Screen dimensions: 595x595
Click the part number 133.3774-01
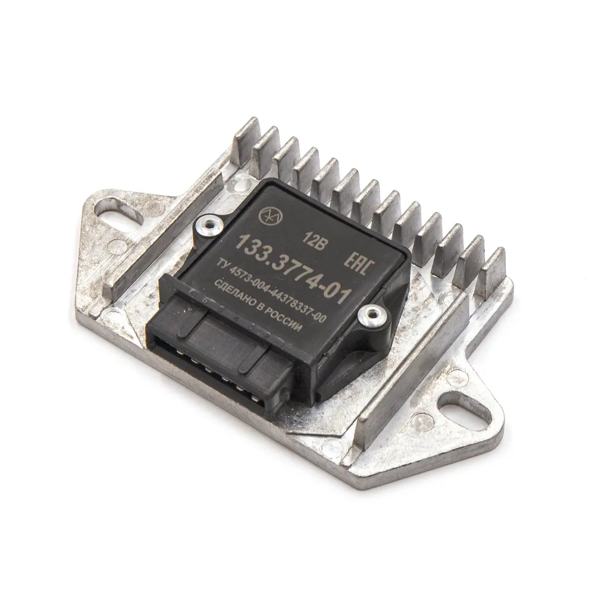point(292,268)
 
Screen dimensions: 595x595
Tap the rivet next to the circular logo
point(208,227)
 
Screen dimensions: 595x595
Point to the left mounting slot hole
point(120,217)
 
